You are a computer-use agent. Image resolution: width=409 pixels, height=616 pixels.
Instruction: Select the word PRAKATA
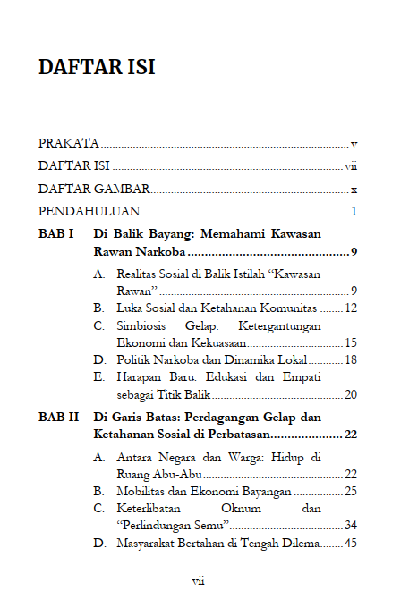click(68, 143)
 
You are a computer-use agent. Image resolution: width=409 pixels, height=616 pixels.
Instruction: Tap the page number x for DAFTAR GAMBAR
click(354, 190)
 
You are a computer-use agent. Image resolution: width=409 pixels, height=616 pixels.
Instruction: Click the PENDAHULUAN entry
click(89, 212)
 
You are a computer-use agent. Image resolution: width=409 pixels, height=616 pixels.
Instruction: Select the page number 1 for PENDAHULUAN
click(354, 212)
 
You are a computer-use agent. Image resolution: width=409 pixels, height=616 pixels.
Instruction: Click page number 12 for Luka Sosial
click(351, 308)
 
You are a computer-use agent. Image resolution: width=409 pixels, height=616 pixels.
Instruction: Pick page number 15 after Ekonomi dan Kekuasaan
click(351, 342)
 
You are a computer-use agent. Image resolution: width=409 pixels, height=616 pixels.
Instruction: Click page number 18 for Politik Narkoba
click(351, 359)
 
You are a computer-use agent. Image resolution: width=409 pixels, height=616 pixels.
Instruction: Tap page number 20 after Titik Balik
click(351, 394)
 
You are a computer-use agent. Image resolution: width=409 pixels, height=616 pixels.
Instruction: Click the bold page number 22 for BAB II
click(351, 435)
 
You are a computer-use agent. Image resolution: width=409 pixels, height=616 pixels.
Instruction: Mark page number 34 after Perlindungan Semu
click(351, 525)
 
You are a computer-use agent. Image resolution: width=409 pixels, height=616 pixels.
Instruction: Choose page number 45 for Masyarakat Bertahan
click(351, 543)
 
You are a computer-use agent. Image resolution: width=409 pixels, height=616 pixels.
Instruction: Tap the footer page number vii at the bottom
click(199, 580)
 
